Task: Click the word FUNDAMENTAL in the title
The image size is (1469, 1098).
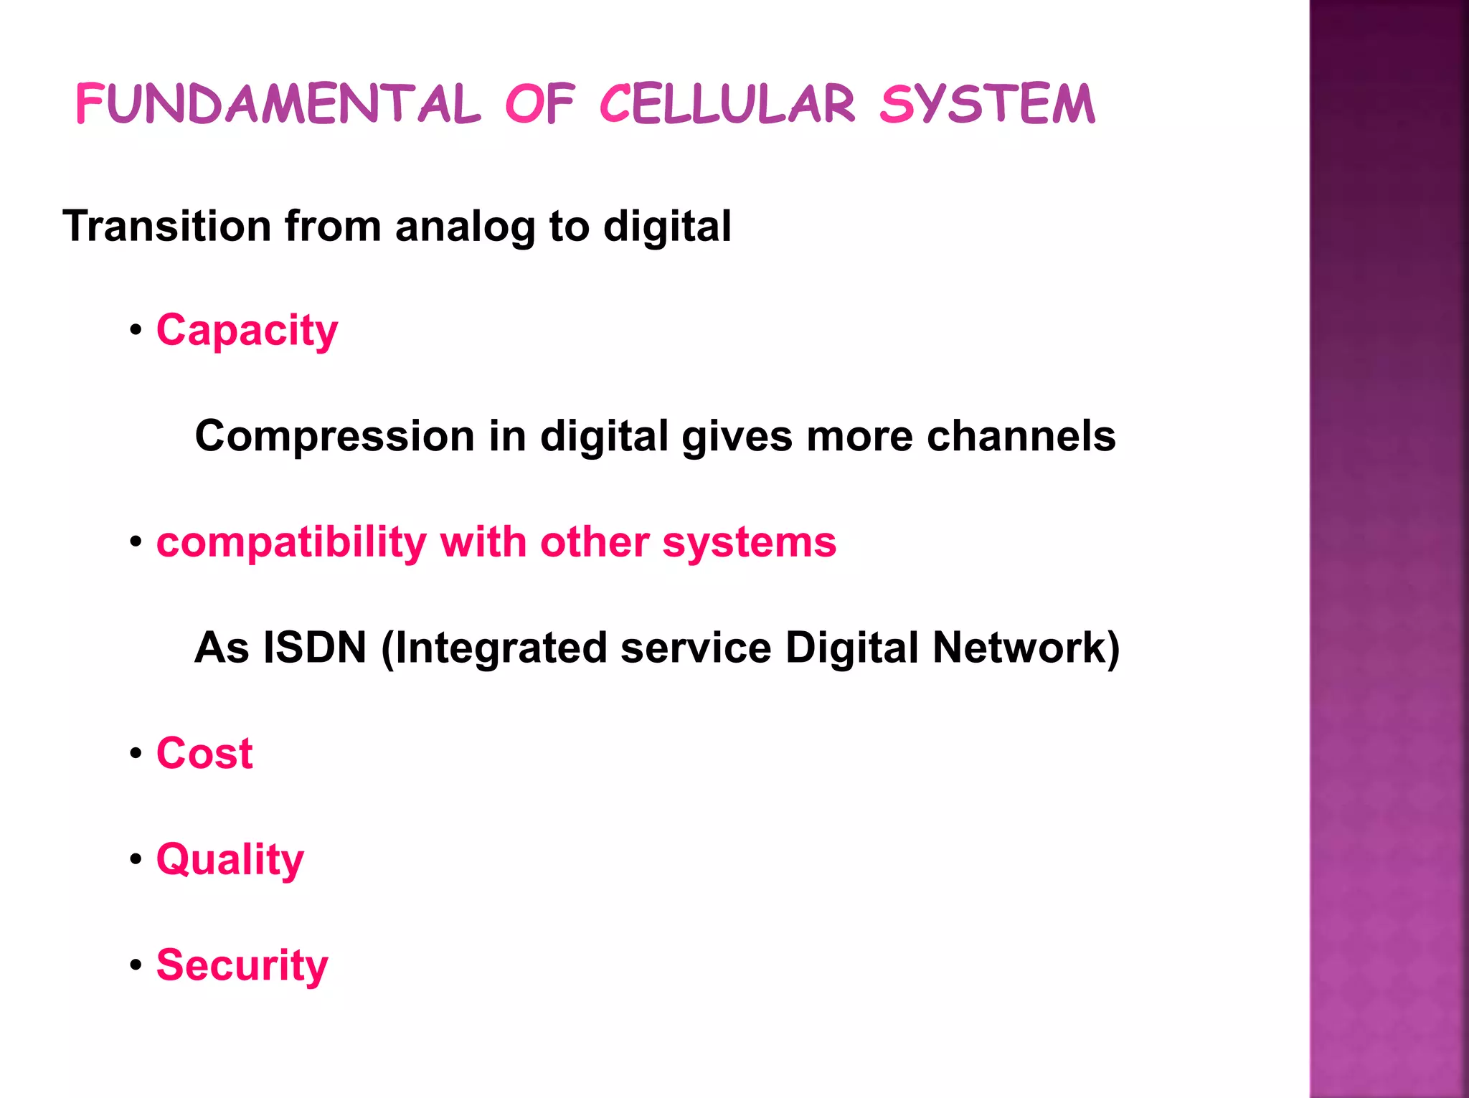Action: [278, 105]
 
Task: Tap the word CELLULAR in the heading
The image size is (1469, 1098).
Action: [727, 105]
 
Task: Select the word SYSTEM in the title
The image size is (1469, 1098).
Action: [987, 105]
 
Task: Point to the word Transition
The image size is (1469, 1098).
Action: [166, 227]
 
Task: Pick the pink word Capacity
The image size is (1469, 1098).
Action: [247, 331]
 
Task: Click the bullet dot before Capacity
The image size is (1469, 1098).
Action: [136, 331]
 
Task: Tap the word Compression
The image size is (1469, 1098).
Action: [334, 436]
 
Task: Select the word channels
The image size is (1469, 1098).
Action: [1021, 436]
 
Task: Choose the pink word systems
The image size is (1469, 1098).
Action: [749, 543]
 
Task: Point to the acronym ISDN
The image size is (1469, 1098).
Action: [315, 648]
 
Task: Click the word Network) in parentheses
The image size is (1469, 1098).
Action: [1026, 648]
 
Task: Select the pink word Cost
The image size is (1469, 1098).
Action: [204, 754]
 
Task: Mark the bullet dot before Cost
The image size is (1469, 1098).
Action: [136, 754]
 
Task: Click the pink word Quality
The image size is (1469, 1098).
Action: [230, 860]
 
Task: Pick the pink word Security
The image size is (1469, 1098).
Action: [242, 965]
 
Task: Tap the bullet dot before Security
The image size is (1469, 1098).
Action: [136, 965]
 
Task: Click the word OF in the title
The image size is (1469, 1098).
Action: [540, 105]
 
